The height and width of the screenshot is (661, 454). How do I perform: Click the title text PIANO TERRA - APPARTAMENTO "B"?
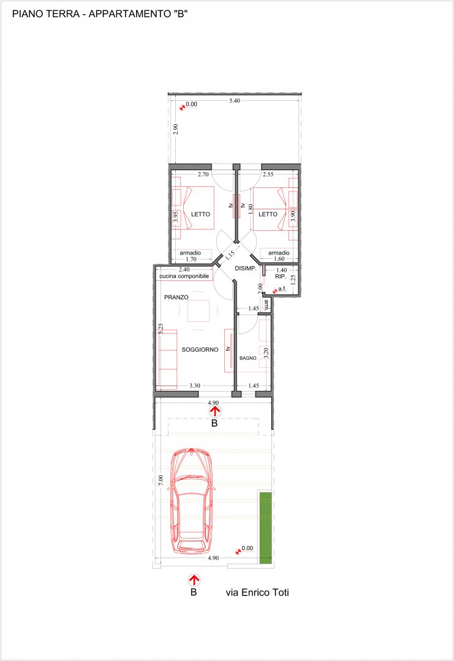click(100, 14)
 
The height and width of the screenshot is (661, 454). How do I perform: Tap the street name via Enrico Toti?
click(257, 592)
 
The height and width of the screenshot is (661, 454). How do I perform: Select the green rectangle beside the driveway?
click(265, 528)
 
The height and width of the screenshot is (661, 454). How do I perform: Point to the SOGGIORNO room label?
click(200, 349)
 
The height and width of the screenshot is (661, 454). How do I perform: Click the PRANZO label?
click(176, 297)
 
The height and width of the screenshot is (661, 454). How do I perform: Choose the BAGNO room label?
click(248, 358)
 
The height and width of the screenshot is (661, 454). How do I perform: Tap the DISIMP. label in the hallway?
click(246, 269)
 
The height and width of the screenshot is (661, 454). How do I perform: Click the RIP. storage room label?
click(281, 277)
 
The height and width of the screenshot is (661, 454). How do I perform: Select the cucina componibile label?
click(184, 276)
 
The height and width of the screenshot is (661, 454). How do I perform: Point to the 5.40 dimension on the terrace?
click(235, 101)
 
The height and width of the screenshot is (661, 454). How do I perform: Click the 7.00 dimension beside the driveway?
click(161, 480)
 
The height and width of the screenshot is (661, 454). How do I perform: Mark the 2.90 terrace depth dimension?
click(176, 129)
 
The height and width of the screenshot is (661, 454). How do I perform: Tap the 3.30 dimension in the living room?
click(194, 386)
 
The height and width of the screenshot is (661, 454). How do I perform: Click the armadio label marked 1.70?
click(191, 253)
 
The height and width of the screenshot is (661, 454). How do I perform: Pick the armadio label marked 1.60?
click(279, 253)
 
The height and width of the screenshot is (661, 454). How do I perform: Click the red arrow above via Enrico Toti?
click(194, 580)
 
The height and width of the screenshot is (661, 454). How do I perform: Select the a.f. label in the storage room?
click(282, 289)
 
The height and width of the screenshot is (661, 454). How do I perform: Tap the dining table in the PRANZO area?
click(199, 311)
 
